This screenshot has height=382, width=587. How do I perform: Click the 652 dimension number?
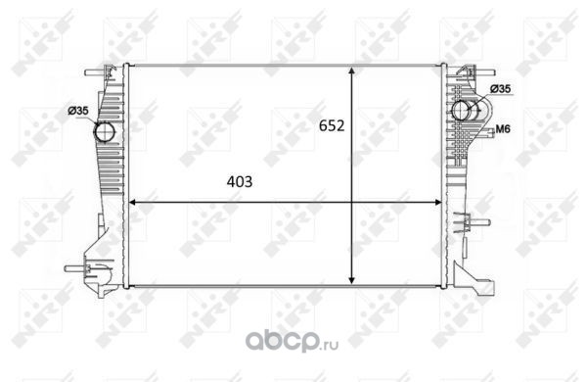[x=332, y=125]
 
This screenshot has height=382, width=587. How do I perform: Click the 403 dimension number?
[x=240, y=182]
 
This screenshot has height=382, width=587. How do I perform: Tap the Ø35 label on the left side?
[x=78, y=111]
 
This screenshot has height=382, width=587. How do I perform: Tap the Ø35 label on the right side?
[x=500, y=89]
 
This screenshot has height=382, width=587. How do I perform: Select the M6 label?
[x=503, y=129]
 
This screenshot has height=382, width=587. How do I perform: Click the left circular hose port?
[x=105, y=132]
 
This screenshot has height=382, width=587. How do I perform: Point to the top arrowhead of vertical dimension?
[x=351, y=72]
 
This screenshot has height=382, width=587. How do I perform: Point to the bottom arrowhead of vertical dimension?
[x=351, y=279]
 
